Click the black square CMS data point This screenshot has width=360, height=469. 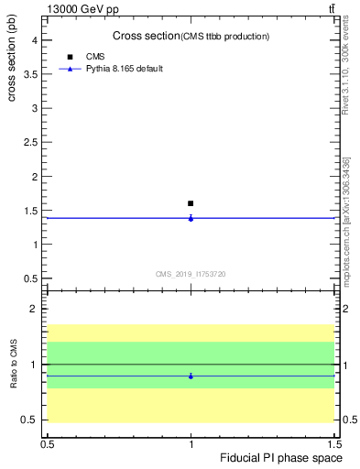191,203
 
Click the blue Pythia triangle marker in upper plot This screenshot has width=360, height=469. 191,218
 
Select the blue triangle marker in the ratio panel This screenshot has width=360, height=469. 191,376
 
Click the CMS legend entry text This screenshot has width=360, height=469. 95,56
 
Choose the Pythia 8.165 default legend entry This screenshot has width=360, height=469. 125,69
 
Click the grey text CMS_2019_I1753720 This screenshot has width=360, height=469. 191,274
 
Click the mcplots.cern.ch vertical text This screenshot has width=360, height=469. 346,229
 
